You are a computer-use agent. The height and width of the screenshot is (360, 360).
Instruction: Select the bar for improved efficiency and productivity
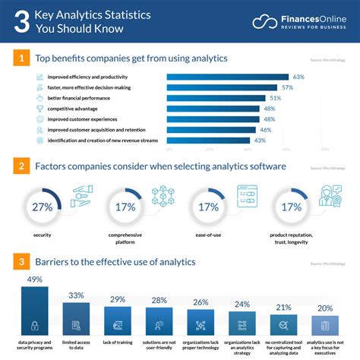click(227, 77)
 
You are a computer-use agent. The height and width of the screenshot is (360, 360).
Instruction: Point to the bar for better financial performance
click(216, 98)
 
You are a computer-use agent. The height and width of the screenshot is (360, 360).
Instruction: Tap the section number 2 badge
click(23, 166)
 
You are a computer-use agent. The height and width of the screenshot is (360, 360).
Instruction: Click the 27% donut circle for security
click(42, 206)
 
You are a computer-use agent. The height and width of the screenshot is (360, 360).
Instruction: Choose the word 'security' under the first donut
click(42, 235)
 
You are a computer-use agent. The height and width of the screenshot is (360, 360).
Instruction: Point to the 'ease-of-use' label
click(207, 235)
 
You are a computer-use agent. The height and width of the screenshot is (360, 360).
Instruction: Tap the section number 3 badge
click(23, 262)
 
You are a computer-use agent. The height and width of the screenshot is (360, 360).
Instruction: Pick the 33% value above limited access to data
click(76, 295)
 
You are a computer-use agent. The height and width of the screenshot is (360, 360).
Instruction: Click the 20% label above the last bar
click(325, 308)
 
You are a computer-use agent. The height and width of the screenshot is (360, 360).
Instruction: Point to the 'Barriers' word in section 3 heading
click(56, 262)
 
